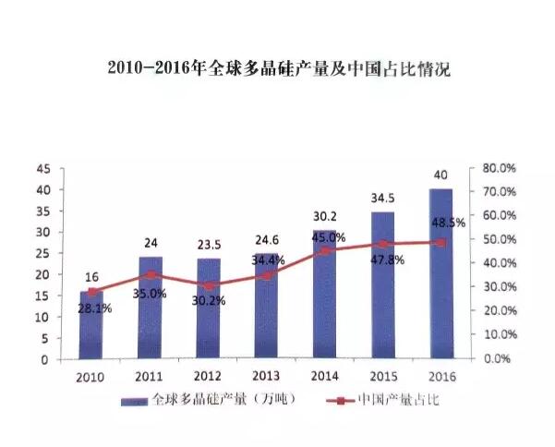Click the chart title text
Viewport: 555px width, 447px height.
click(278, 69)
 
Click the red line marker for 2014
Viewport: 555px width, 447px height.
click(325, 250)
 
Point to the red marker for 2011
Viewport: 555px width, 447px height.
click(151, 274)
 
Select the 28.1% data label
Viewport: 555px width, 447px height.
click(94, 308)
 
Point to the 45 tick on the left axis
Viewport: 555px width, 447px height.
click(43, 168)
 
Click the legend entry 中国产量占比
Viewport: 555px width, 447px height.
click(370, 402)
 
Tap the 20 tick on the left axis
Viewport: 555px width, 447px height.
click(43, 274)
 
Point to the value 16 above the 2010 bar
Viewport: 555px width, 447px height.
click(92, 277)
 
